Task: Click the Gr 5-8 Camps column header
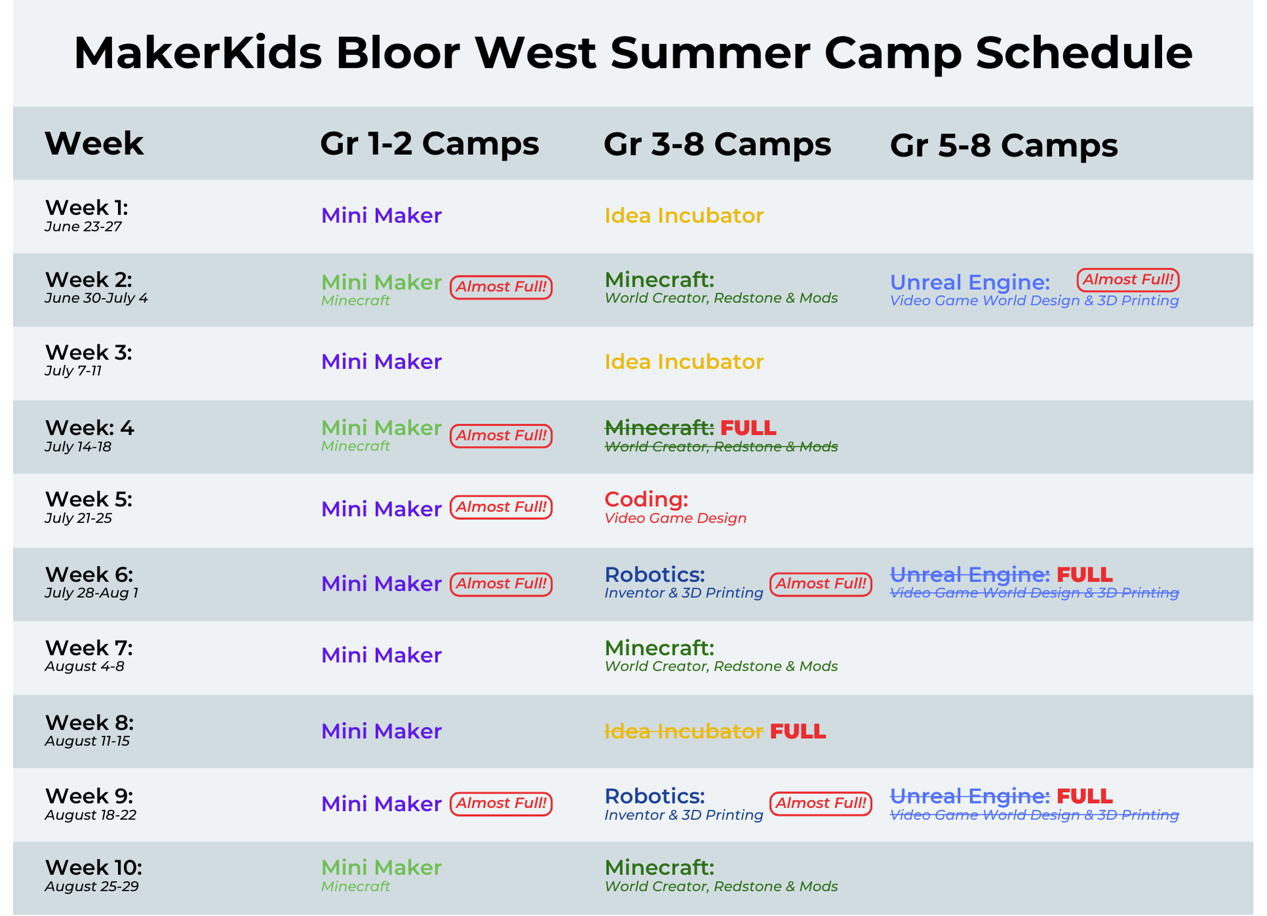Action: tap(1003, 146)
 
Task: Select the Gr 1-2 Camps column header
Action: tap(430, 144)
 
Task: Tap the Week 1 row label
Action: tap(87, 208)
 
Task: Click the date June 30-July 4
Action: tap(96, 298)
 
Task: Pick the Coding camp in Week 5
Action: tap(646, 500)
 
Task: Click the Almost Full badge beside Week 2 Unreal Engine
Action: tap(1128, 280)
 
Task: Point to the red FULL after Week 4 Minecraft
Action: tap(748, 428)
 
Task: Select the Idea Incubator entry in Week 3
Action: tap(684, 362)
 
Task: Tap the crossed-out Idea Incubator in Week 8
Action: tap(684, 731)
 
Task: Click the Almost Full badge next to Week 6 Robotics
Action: tap(821, 584)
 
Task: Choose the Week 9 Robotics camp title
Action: tap(654, 796)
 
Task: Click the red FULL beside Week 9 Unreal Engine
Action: tap(1085, 796)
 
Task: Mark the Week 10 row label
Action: tap(94, 867)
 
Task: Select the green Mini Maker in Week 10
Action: tap(382, 867)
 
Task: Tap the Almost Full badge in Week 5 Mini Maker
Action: tap(501, 508)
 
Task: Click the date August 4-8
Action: tap(85, 667)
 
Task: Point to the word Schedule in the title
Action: tap(1084, 52)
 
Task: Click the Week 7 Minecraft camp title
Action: tap(659, 648)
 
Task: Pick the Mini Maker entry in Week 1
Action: tap(382, 216)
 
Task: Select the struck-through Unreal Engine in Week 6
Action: tap(970, 575)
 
